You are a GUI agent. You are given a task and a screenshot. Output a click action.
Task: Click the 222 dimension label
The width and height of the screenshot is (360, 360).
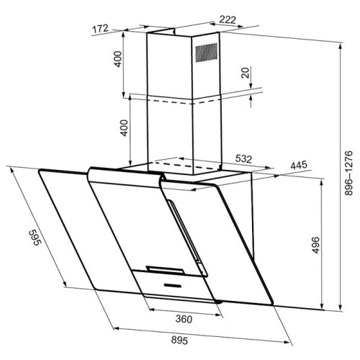click(228, 19)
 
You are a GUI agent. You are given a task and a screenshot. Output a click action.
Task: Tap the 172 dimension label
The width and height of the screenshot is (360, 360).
click(101, 29)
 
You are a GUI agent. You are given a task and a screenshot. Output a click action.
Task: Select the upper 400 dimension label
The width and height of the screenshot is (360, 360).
click(118, 59)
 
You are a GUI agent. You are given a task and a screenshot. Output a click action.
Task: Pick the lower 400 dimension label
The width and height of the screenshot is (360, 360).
click(124, 127)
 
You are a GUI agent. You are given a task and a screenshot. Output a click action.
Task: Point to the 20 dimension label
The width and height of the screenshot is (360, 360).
click(246, 73)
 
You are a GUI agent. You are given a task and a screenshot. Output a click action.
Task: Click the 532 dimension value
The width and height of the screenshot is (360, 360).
click(243, 159)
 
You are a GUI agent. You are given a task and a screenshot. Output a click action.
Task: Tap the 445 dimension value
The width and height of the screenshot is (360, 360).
click(299, 165)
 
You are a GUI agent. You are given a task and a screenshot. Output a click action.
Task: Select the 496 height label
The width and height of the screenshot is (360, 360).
click(316, 245)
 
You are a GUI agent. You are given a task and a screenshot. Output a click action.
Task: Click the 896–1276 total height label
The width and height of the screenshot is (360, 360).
click(348, 173)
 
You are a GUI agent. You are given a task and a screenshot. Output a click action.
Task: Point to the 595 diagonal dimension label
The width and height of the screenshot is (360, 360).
click(35, 238)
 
